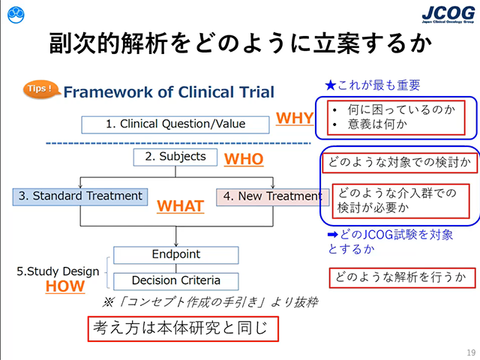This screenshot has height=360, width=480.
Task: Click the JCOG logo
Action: [448, 14]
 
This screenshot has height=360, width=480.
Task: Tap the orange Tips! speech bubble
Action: [40, 89]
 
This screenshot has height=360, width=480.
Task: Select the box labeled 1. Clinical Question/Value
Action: [175, 124]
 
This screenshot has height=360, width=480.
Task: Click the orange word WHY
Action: [295, 118]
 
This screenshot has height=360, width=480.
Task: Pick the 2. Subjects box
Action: [175, 157]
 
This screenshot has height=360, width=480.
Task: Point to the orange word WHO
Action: [244, 159]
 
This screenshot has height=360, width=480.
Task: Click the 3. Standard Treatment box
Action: [80, 196]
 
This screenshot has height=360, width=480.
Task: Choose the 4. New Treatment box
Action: [273, 197]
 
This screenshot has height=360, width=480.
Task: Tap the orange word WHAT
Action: [180, 206]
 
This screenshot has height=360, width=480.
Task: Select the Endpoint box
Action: [176, 255]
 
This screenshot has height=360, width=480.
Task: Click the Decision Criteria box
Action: [176, 281]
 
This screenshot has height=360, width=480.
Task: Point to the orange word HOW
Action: [65, 286]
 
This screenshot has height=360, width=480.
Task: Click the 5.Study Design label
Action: [58, 271]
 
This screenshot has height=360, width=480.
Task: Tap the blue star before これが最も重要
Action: [331, 85]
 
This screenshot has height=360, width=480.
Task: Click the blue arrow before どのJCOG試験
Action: [332, 235]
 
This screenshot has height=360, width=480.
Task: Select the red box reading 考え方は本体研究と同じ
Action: [183, 328]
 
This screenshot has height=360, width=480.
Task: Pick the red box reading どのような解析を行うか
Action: [402, 278]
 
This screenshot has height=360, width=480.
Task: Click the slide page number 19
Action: [471, 352]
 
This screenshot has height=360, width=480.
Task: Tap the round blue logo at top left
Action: [16, 15]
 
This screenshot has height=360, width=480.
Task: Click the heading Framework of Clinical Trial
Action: [169, 92]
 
